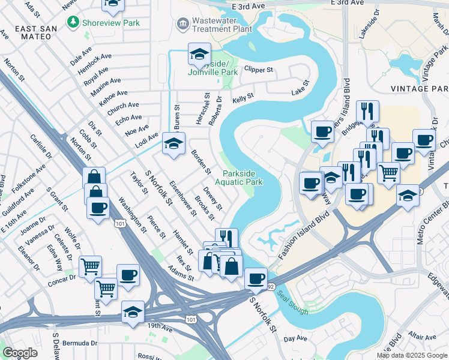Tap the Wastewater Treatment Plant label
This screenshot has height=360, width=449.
221,25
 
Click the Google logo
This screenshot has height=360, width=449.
20,352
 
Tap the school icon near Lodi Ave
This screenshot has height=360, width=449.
173,144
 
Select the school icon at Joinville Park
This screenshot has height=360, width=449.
199,55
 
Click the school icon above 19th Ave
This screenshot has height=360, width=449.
133,312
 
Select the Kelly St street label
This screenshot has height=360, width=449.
243,97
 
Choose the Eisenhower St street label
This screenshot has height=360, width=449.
183,199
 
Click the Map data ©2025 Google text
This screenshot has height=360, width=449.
411,355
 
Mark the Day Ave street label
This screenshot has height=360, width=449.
295,339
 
